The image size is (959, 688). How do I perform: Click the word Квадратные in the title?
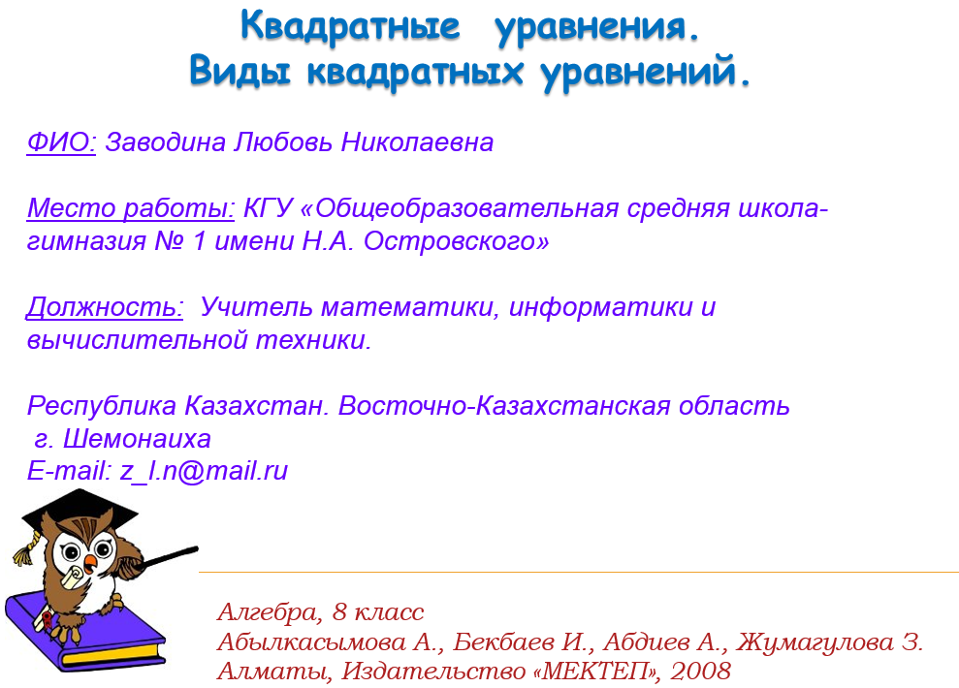click(x=350, y=27)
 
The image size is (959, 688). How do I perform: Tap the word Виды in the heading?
click(x=240, y=71)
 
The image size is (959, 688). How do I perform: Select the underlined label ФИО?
click(x=61, y=142)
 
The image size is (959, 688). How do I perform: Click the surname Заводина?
click(x=166, y=143)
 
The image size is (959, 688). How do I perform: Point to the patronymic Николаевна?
click(x=417, y=142)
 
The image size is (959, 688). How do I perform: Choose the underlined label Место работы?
click(x=130, y=208)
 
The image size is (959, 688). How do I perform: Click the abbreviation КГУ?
click(x=269, y=208)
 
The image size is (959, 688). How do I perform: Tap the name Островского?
click(x=456, y=242)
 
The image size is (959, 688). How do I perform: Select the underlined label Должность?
click(x=105, y=307)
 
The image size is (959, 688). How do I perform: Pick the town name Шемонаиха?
click(x=137, y=439)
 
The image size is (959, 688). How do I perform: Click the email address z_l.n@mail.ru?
click(x=204, y=471)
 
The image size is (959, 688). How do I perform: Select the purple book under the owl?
click(x=84, y=633)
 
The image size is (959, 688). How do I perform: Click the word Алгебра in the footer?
click(x=268, y=612)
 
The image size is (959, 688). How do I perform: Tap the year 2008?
click(x=700, y=671)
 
